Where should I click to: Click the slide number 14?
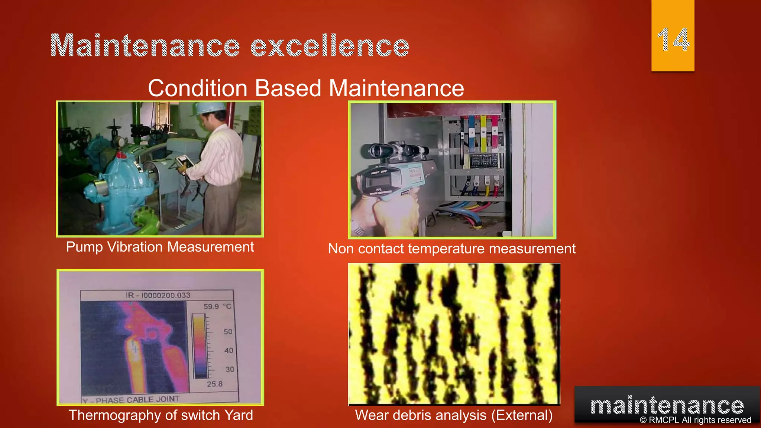tap(673, 40)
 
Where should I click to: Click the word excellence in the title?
tap(330, 46)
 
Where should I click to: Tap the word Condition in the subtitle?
tap(198, 88)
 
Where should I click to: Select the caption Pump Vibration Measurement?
tap(160, 247)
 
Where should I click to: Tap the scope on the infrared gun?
tap(394, 150)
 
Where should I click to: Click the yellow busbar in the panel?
tap(483, 134)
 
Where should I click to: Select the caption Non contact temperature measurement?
tap(451, 249)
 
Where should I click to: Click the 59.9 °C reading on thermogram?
tap(217, 307)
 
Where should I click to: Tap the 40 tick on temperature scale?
tap(229, 350)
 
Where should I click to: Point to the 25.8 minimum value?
tap(215, 384)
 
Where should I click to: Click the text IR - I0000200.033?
tap(158, 295)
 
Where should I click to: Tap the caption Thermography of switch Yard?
tap(161, 415)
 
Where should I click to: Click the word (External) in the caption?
tap(522, 415)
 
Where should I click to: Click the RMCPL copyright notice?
tap(695, 420)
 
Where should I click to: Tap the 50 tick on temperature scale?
tap(228, 331)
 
